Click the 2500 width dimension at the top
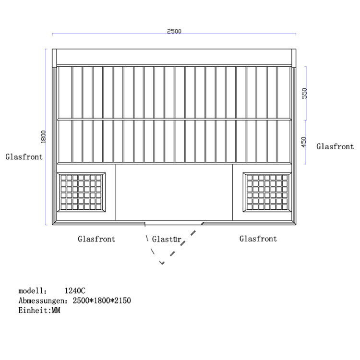click(174, 31)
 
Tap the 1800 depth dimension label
click(43, 137)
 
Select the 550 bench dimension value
click(304, 93)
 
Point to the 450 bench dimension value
click(304, 142)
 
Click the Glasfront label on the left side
click(24, 157)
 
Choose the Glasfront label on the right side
click(335, 146)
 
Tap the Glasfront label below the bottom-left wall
click(96, 239)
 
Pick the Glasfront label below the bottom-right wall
click(258, 239)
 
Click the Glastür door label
click(167, 239)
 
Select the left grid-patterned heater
click(81, 192)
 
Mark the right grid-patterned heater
click(267, 192)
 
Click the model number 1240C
click(75, 291)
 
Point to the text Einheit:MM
click(39, 311)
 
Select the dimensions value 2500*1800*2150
click(102, 300)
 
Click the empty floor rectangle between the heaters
click(174, 192)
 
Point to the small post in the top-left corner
click(54, 58)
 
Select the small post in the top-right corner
click(294, 58)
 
